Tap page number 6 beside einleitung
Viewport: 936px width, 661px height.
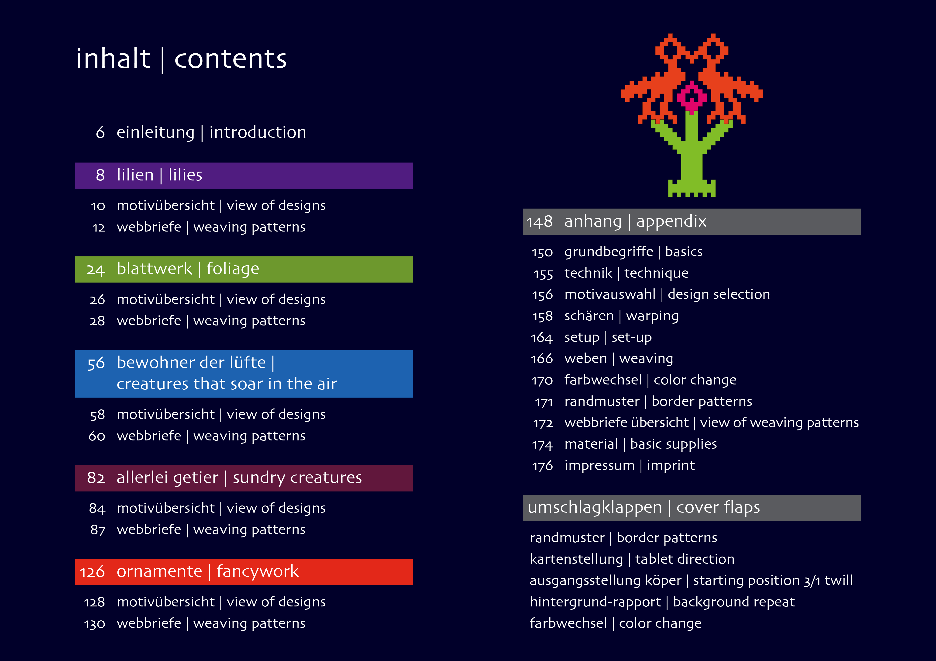100,132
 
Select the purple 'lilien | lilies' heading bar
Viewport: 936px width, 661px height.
244,176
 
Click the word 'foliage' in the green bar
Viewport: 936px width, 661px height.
233,269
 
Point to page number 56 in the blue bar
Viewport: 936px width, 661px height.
96,363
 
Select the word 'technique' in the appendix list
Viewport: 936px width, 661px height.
656,273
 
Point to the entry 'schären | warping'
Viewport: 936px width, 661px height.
621,316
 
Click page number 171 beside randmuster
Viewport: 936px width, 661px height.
544,402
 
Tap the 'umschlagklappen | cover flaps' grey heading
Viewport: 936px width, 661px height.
692,508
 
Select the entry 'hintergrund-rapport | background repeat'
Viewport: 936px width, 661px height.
662,602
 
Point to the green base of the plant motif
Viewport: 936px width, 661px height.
692,188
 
